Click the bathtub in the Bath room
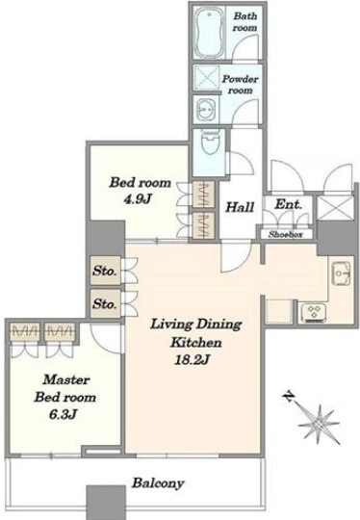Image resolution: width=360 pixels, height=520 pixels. coord(207,33)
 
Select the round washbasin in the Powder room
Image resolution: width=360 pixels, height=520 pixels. coord(206,110)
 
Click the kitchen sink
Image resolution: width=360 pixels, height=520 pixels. coord(340,273)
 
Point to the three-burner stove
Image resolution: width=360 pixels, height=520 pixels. coord(313,312)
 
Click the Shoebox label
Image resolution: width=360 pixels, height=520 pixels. coord(286,234)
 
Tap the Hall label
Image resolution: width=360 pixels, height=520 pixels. coord(240,207)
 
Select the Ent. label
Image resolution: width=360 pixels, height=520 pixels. coord(288,204)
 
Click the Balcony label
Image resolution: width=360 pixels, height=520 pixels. coord(158,483)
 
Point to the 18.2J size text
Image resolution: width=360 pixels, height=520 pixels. coord(192,360)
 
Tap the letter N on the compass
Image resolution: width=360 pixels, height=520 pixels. coord(289,396)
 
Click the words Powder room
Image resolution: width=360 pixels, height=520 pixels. coord(240,85)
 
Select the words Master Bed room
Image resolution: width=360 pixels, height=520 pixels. coord(65,388)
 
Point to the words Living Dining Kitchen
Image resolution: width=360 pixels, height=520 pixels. coord(195,333)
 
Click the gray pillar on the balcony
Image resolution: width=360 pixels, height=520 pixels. coord(107,503)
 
